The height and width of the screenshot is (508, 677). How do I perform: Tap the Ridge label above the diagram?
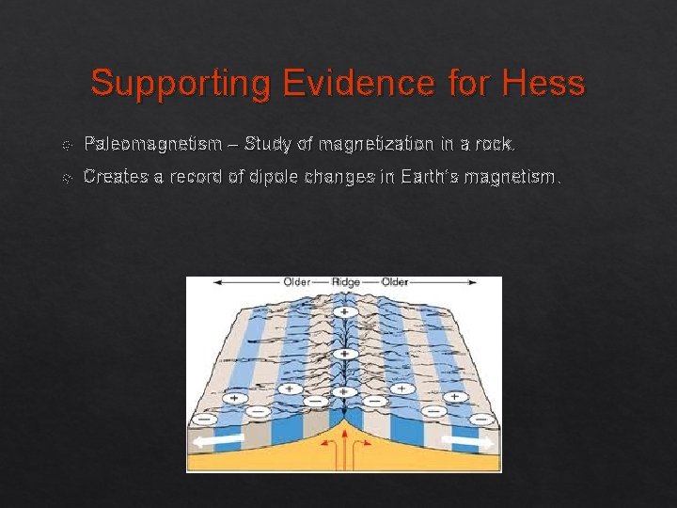pyautogui.click(x=344, y=282)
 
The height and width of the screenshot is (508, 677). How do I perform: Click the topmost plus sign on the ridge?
pyautogui.click(x=345, y=311)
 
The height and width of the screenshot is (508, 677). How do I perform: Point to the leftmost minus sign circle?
pyautogui.click(x=205, y=419)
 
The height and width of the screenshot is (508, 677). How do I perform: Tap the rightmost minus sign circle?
pyautogui.click(x=482, y=419)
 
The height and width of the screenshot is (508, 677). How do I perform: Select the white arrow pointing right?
pyautogui.click(x=467, y=440)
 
